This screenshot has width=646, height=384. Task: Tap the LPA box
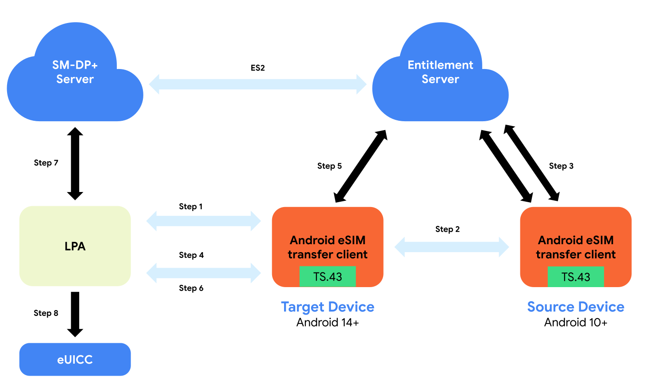[x=75, y=246]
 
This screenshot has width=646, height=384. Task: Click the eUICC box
[x=75, y=359]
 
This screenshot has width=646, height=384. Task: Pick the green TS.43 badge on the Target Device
[x=327, y=276]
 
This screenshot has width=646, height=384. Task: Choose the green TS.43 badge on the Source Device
[x=576, y=276]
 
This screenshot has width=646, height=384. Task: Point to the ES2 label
[x=258, y=68]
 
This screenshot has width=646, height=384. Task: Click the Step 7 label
[x=46, y=163]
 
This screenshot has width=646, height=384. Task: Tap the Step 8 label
[x=46, y=313]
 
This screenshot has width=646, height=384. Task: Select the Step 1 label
[x=191, y=207]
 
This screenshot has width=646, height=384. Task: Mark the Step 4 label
[x=191, y=255]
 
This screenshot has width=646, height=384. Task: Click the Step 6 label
[x=191, y=288]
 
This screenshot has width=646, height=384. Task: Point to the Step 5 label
[x=329, y=166]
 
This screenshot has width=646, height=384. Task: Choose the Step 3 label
[x=561, y=166]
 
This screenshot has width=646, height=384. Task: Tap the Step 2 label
[x=447, y=229]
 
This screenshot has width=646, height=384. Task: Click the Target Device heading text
[x=327, y=307]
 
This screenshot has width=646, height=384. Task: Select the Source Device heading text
[x=576, y=307]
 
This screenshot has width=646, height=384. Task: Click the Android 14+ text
[x=327, y=323]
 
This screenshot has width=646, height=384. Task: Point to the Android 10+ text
[x=576, y=323]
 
